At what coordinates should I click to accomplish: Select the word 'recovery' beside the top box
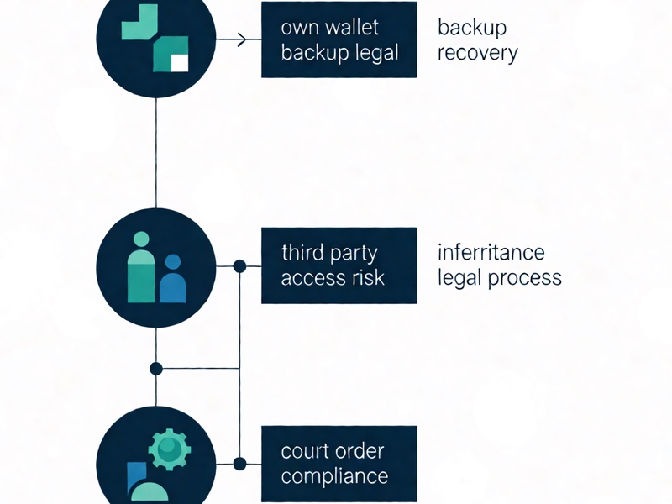pos(478,54)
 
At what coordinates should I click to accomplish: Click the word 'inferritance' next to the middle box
pos(491,252)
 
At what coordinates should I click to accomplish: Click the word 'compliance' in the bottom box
pos(334,476)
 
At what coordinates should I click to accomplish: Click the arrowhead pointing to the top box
pos(243,39)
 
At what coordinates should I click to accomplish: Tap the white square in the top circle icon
pos(180,64)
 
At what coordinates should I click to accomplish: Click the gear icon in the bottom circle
pos(170,449)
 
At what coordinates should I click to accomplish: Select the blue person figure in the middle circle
pos(173,279)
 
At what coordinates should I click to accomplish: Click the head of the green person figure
pos(141,239)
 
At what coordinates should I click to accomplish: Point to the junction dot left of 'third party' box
pos(239,266)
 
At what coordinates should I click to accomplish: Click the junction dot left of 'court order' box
pos(239,464)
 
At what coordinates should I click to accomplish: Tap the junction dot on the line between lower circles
pos(156,369)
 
